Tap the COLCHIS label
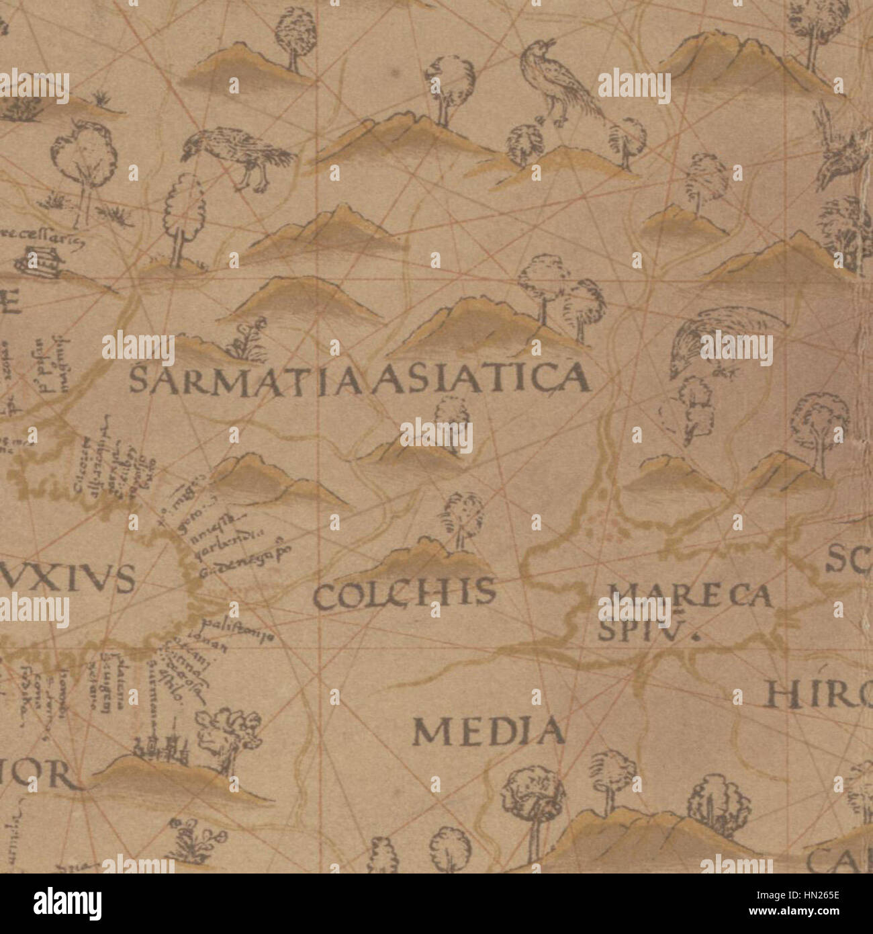tap(405, 594)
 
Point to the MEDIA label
tap(488, 731)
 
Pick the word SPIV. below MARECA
tap(645, 630)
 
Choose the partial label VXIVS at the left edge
tap(67, 579)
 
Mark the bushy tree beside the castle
tap(228, 736)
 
